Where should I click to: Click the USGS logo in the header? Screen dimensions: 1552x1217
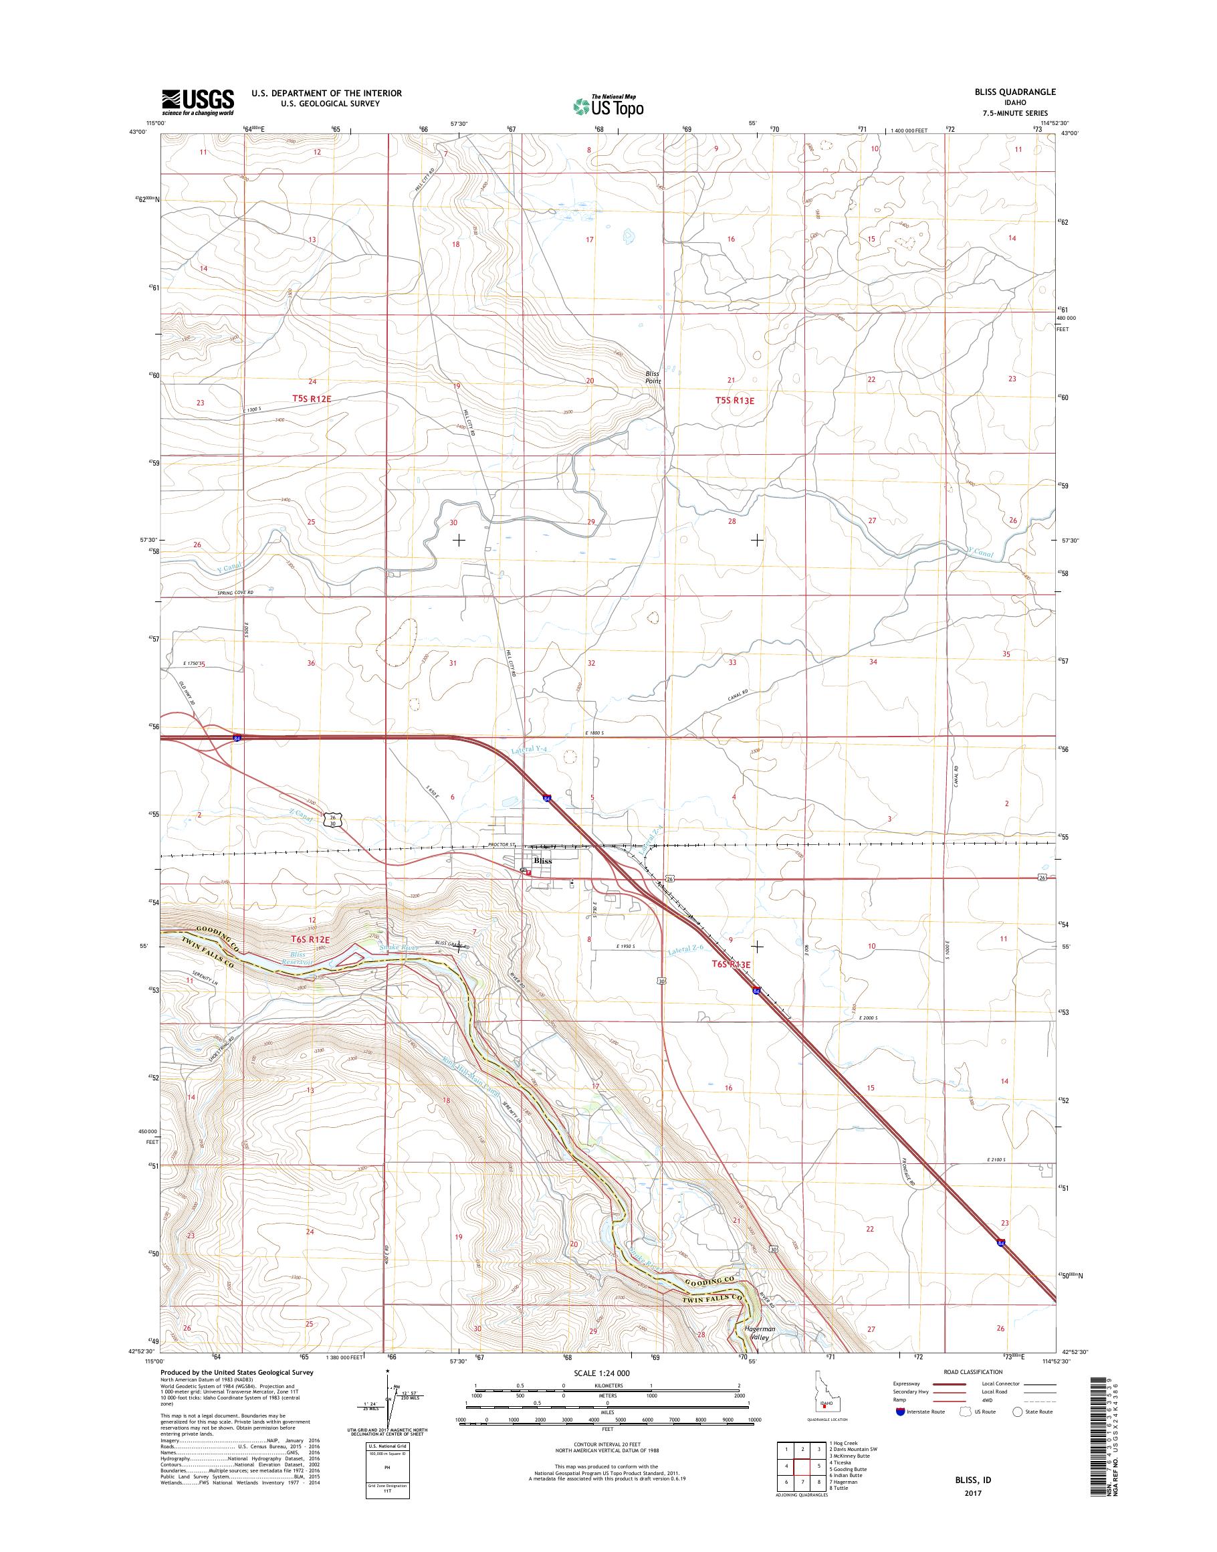coord(197,102)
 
